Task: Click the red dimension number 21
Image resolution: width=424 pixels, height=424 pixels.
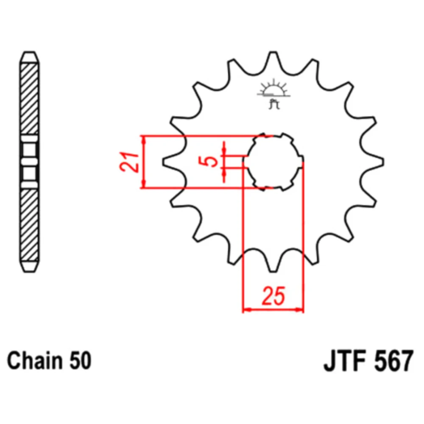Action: [129, 162]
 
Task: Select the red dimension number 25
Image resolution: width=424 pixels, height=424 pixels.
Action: [273, 296]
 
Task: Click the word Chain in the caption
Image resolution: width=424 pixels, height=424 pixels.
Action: [34, 361]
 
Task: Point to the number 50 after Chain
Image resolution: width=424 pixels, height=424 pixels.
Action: [80, 361]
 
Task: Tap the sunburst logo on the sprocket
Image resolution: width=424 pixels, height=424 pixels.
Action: [273, 88]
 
